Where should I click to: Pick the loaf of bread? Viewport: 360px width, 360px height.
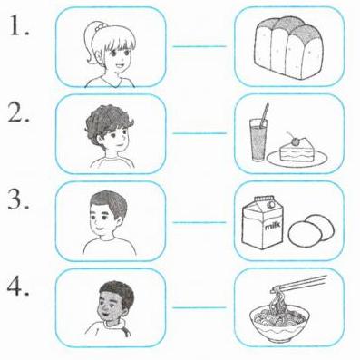[288, 48]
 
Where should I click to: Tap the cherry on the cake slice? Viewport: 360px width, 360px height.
[294, 141]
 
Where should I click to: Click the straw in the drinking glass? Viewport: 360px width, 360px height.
[265, 114]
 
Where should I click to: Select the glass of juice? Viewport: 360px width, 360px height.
[258, 139]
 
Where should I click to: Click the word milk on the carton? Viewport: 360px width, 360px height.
[273, 226]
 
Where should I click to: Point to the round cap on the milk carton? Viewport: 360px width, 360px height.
[271, 205]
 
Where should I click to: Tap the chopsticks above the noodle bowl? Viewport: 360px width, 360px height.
[299, 283]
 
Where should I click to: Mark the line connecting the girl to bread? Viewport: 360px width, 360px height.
[199, 46]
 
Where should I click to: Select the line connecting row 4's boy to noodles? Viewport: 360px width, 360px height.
[199, 308]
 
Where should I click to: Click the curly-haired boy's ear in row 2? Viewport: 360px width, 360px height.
[101, 140]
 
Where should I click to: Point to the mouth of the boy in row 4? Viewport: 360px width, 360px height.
[105, 315]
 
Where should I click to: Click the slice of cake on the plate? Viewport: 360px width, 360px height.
[297, 151]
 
